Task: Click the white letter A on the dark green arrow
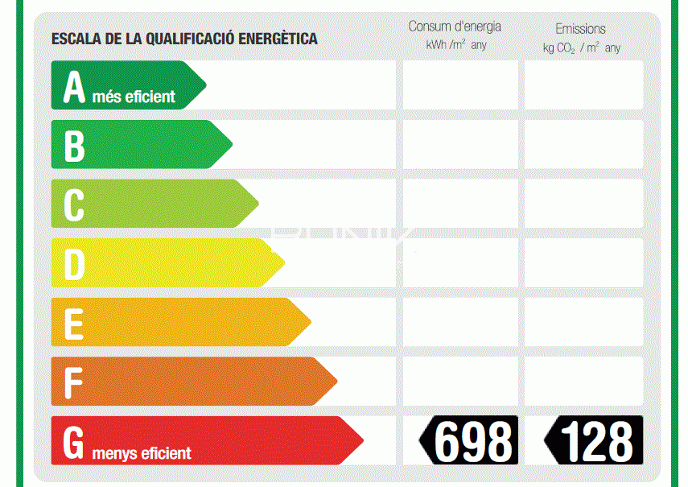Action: point(74,87)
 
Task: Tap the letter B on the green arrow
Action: point(74,147)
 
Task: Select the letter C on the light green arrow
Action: point(74,205)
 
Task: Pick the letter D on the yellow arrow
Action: point(74,265)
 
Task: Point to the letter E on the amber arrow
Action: point(74,324)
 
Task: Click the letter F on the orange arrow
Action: point(73,383)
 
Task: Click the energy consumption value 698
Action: point(473,441)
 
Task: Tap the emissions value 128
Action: point(597,441)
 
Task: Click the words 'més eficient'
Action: point(134,97)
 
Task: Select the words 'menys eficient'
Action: point(142,453)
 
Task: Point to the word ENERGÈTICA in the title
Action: point(278,39)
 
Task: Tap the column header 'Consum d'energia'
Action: point(455,27)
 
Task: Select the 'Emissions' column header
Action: point(580,29)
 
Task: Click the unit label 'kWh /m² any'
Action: point(456,45)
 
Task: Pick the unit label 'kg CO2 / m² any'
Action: point(582,47)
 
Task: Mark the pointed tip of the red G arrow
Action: point(363,440)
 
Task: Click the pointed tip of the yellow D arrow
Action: point(285,262)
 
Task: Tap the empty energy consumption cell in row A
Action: point(460,85)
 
